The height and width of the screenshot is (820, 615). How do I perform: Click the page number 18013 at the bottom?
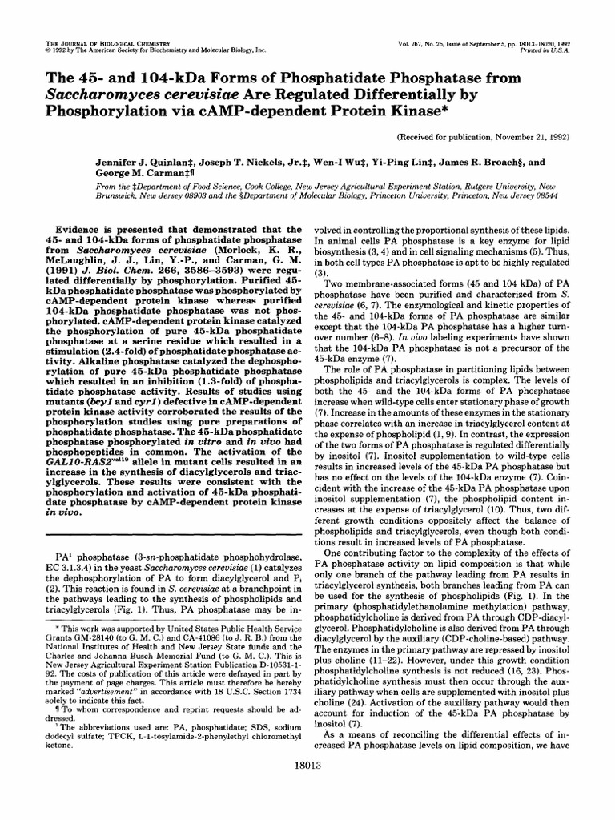pyautogui.click(x=307, y=789)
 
